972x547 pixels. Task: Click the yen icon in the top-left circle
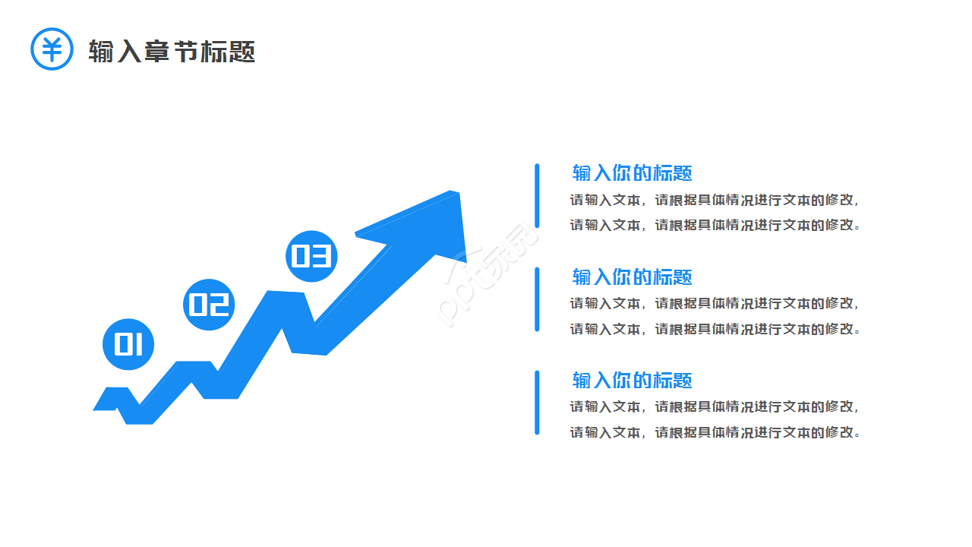pos(52,49)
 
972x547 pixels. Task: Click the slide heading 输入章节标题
pos(172,51)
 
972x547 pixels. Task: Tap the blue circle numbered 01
pos(128,344)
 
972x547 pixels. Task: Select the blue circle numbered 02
pos(209,305)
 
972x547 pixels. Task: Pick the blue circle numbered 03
pos(311,256)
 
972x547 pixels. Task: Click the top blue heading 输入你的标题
pos(632,172)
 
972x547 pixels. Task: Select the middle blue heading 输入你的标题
pos(632,277)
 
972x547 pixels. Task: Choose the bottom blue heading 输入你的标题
pos(632,380)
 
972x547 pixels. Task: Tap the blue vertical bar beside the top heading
pos(537,195)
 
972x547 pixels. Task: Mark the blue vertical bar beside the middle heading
pos(537,299)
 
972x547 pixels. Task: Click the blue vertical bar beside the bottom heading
pos(537,403)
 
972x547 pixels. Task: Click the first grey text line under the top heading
pos(715,201)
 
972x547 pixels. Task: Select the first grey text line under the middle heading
pos(715,304)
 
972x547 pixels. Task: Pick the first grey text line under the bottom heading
pos(715,407)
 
